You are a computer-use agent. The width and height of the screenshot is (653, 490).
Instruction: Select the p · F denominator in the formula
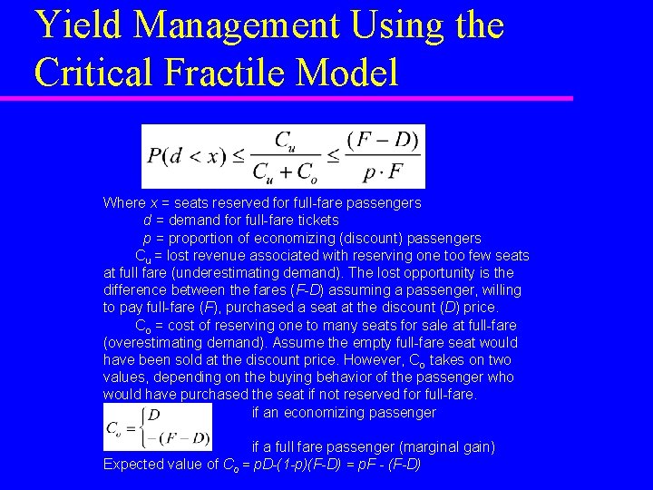382,171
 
